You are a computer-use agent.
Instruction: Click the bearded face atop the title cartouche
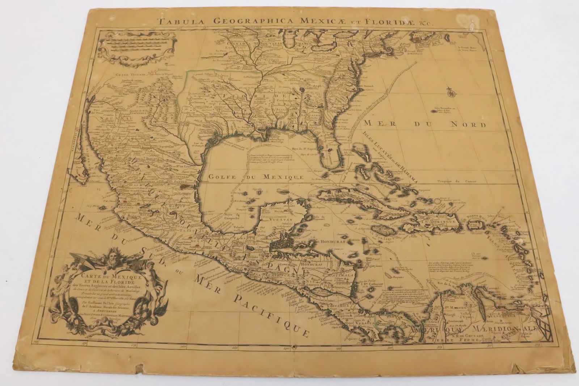(x=109, y=260)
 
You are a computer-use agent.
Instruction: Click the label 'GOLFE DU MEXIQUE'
(x=255, y=177)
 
